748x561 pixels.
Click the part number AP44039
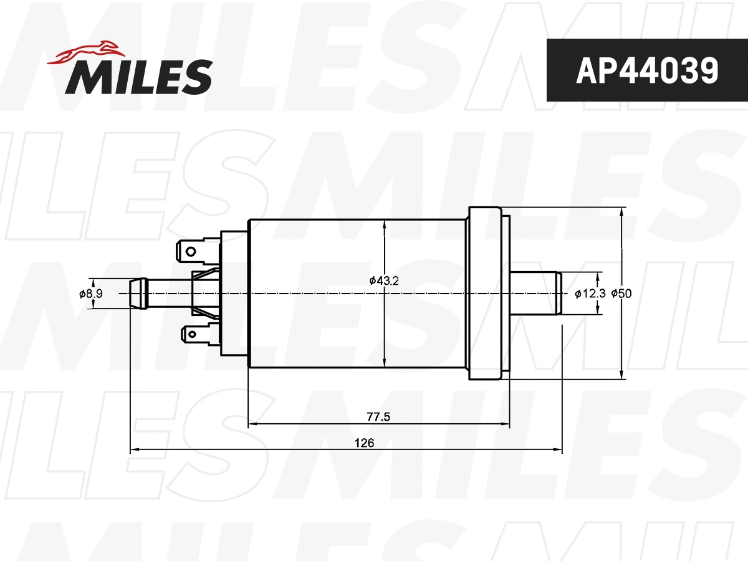[646, 70]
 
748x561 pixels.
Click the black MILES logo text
[138, 77]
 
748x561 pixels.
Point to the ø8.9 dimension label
[90, 294]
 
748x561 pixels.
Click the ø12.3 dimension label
[586, 293]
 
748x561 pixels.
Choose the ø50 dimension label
[621, 293]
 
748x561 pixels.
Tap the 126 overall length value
[364, 443]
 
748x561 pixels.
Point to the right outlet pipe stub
[535, 293]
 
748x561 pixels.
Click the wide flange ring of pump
[485, 293]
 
